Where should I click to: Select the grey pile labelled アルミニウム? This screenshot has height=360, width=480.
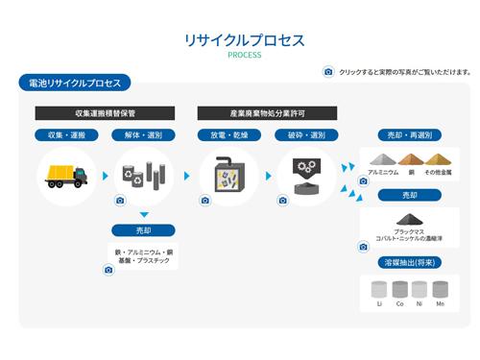tap(383, 159)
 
